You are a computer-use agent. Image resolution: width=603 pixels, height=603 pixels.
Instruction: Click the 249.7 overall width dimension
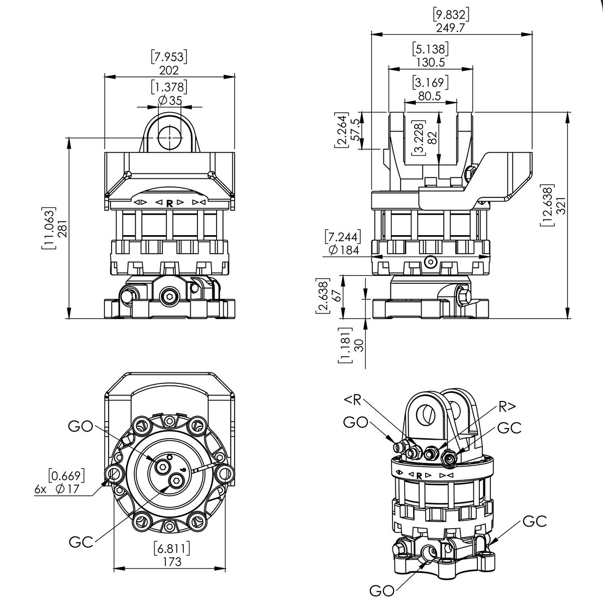coord(450,28)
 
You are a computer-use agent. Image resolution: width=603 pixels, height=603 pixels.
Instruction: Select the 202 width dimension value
coord(169,70)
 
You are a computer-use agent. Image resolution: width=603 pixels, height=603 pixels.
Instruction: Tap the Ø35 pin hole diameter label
coord(170,100)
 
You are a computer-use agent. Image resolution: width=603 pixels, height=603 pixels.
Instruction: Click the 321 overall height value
coord(562,206)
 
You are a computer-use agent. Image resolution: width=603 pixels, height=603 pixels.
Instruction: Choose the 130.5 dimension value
coord(430,63)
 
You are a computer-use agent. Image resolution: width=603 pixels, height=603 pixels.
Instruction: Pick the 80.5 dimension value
coord(430,96)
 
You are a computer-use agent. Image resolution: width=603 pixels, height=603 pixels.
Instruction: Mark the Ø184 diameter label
coord(344,250)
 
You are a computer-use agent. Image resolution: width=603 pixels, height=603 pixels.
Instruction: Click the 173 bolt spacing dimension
coord(172,562)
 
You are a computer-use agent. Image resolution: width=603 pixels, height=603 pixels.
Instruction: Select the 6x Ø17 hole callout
coord(57,489)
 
